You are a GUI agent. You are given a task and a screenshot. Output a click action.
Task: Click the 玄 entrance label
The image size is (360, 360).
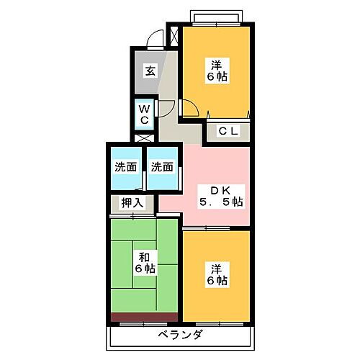pyautogui.click(x=150, y=71)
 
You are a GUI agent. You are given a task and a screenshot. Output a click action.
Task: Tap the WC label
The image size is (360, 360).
pyautogui.click(x=144, y=113)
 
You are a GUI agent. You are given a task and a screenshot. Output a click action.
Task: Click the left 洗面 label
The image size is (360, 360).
pyautogui.click(x=125, y=167)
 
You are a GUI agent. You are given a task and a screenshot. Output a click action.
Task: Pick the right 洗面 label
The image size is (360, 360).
pyautogui.click(x=161, y=167)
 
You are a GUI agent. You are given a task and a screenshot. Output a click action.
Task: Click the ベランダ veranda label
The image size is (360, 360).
pyautogui.click(x=181, y=335)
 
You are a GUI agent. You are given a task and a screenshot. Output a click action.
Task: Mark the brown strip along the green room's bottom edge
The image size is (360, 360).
pyautogui.click(x=143, y=316)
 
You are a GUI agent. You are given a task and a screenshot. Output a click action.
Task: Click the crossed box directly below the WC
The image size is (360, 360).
pyautogui.click(x=144, y=136)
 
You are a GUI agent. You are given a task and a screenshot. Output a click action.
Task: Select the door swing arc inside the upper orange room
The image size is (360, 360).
pyautogui.click(x=189, y=108)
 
